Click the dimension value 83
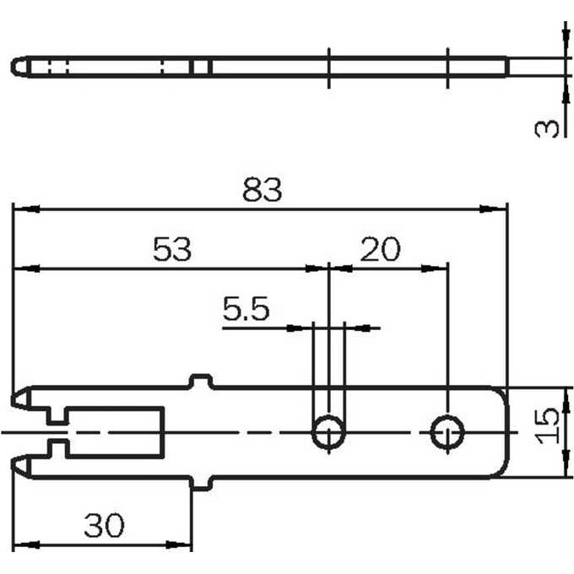[x=263, y=190]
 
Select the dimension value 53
[x=172, y=250]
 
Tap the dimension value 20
[x=381, y=250]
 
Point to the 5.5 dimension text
[x=246, y=309]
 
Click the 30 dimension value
[x=105, y=525]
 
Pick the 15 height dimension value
[x=548, y=426]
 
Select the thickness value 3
[x=547, y=128]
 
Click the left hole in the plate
[x=328, y=432]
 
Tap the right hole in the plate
[x=447, y=432]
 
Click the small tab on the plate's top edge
[x=201, y=381]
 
